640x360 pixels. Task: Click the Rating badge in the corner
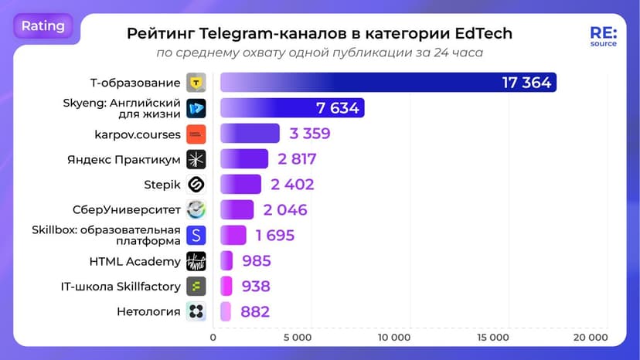pos(43,26)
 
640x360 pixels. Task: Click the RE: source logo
pos(603,37)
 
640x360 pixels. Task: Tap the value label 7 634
pos(337,108)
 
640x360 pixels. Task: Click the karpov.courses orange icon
pos(196,134)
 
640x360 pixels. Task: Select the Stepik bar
pos(241,185)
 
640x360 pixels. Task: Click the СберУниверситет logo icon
pos(196,209)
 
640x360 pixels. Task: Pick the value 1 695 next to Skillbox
pos(274,236)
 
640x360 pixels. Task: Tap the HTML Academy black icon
pos(196,261)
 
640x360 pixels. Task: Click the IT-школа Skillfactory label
pos(121,287)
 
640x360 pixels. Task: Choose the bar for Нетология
pos(226,312)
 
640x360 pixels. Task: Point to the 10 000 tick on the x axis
pos(394,338)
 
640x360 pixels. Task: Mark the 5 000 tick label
pos(297,338)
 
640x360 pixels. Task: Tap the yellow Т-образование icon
pos(196,83)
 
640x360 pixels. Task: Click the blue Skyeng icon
pos(196,108)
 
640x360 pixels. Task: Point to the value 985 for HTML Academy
pos(257,261)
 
